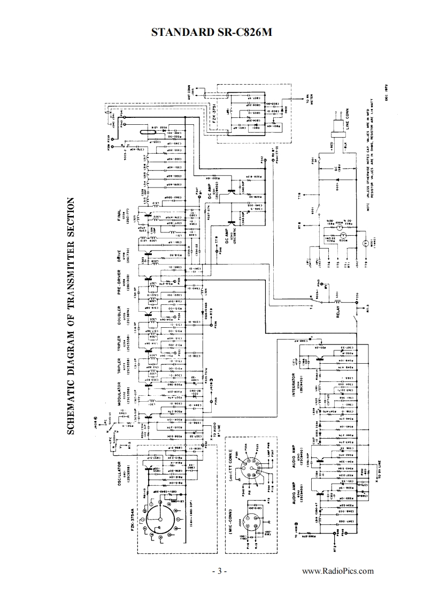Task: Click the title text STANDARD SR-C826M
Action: pos(212,32)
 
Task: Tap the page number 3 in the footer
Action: pos(219,571)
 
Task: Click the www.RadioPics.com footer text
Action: pos(338,571)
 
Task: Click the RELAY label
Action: pos(338,311)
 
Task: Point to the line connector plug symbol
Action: pos(337,127)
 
